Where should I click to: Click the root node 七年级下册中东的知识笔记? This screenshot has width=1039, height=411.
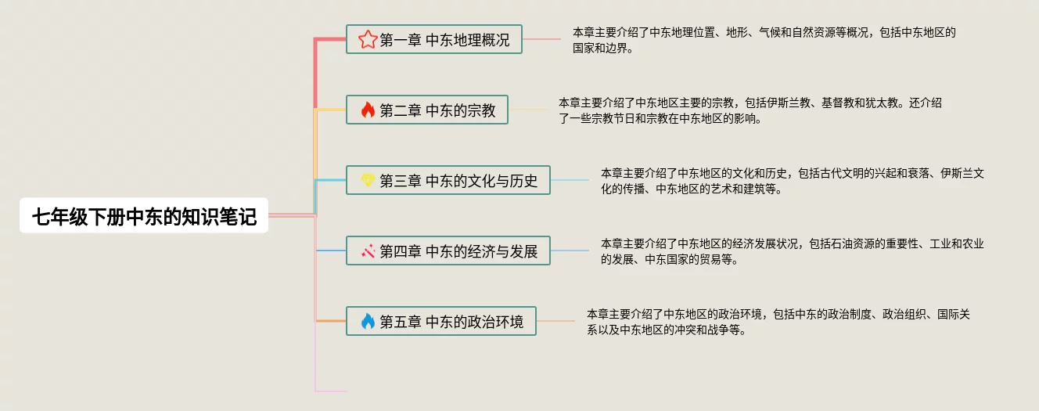tap(144, 217)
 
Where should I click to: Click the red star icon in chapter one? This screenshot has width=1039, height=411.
tap(368, 39)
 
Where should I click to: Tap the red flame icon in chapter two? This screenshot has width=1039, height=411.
tap(368, 110)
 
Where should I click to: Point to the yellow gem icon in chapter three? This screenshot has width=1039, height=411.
tap(368, 181)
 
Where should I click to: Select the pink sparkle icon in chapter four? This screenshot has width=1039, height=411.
tap(368, 251)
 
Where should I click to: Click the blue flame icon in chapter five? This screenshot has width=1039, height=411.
tap(368, 321)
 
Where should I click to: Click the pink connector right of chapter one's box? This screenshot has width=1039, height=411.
tap(541, 39)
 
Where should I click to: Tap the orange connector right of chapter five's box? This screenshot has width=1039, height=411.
tap(555, 321)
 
